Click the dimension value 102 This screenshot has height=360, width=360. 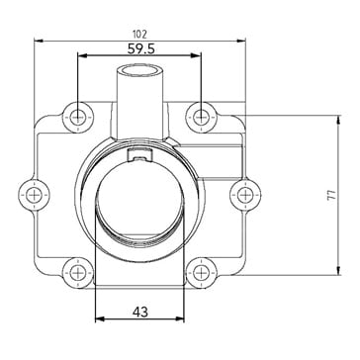[139, 34]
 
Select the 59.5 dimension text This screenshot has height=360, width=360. [141, 49]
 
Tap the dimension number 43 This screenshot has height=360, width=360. [140, 312]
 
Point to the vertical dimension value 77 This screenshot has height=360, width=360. [332, 195]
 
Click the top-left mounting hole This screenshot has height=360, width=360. [78, 117]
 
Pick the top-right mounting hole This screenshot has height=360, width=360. [201, 117]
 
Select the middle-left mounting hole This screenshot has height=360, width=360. [34, 195]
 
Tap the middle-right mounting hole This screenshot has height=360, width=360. [245, 195]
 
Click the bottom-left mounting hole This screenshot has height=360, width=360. [78, 273]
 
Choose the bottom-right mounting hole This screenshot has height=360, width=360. [201, 273]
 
